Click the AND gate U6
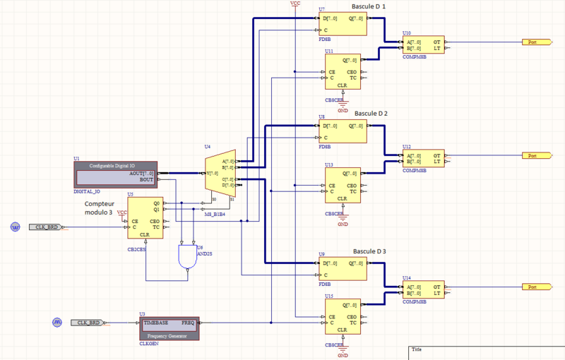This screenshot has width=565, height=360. pos(187,257)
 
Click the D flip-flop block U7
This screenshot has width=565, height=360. pos(343,23)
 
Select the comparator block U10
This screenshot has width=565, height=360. pos(424,46)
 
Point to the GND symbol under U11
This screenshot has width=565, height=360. pos(343,108)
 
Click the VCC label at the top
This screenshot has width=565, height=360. pos(295,4)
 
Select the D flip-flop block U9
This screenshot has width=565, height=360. pos(343,268)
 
